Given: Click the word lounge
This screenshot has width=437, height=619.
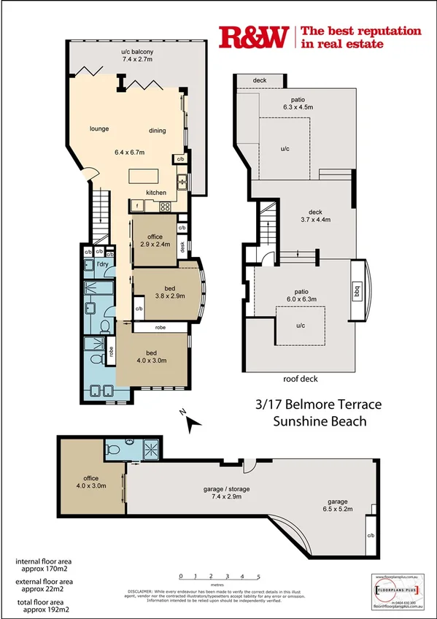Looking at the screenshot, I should click(x=99, y=129).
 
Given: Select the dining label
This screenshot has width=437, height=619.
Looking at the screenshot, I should click(x=157, y=131).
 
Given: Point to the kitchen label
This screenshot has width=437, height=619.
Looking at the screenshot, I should click(x=156, y=192).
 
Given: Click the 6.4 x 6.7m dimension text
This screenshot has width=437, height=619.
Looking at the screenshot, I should click(x=130, y=152).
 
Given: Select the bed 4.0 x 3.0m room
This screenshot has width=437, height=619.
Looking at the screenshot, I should click(x=152, y=355).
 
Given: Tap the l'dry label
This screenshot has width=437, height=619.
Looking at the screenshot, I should click(x=103, y=265).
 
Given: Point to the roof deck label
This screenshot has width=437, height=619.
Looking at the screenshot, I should click(x=301, y=379).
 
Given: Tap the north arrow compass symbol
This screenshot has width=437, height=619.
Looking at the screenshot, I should click(x=191, y=421).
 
